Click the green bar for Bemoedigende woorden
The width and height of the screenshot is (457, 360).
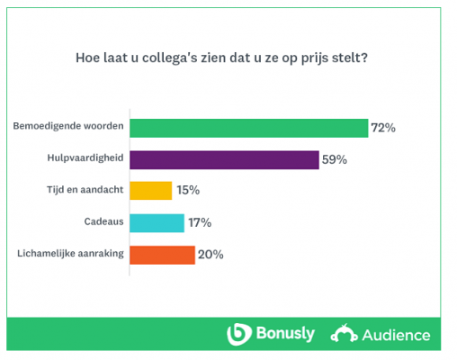coord(248,128)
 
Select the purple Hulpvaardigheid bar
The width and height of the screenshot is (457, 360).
coord(224,159)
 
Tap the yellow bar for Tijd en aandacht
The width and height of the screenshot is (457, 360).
coord(150,191)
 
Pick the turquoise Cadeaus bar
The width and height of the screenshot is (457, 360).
coord(157,222)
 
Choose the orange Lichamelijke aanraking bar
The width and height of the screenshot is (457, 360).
coord(162,255)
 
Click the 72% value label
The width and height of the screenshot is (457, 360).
coord(384,128)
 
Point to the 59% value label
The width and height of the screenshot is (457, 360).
coord(334,159)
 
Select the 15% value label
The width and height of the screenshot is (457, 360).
coord(187,191)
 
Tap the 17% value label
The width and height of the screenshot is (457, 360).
coord(200,222)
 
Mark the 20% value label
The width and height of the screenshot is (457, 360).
coord(211,255)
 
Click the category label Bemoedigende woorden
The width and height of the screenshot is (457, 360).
coord(69,128)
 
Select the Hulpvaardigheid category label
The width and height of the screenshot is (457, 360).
coord(85,159)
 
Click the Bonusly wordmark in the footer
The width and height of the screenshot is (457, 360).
coord(283,335)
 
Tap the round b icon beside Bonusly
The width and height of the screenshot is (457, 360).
coord(238,335)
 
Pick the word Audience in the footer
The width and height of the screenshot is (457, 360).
coord(396,336)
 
